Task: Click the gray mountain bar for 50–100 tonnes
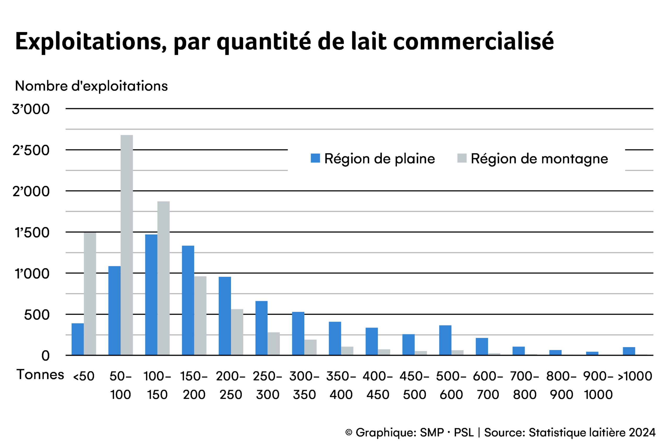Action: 126,245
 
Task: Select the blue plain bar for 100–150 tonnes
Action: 151,295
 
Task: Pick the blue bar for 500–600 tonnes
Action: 445,340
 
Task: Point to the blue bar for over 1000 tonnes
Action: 629,351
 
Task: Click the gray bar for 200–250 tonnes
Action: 237,332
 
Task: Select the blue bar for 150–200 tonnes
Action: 188,300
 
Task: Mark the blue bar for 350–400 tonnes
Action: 335,338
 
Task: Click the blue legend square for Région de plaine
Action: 315,158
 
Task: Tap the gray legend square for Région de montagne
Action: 462,158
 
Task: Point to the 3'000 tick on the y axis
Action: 31,109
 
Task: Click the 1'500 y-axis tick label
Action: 32,233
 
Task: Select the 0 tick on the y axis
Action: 45,356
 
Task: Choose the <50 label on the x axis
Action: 84,376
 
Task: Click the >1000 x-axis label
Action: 635,376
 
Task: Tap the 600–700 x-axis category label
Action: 488,385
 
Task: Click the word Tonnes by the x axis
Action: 41,375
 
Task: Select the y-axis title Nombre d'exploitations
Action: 91,86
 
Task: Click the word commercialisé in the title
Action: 474,42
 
